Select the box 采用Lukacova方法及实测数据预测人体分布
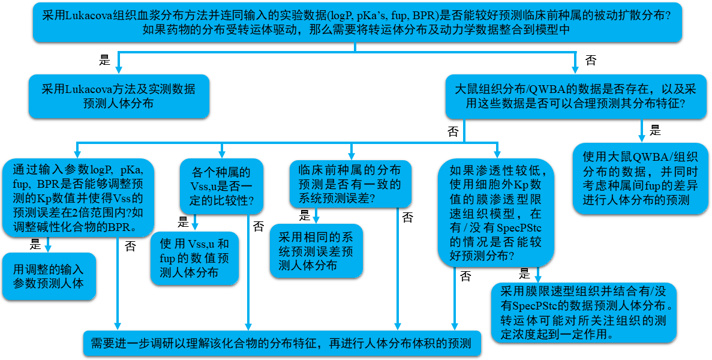click(119, 96)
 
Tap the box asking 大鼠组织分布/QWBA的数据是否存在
click(575, 96)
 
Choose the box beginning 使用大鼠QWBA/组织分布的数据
click(639, 178)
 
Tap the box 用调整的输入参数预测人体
click(49, 276)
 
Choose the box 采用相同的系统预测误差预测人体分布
click(316, 250)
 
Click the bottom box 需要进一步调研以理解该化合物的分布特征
click(282, 344)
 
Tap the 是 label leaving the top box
click(104, 60)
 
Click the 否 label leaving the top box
click(591, 60)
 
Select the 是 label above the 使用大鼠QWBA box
click(655, 130)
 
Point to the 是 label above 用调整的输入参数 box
click(35, 244)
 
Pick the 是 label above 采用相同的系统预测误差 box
click(305, 216)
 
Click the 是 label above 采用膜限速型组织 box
click(525, 274)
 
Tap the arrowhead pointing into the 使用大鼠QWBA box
click(642, 137)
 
